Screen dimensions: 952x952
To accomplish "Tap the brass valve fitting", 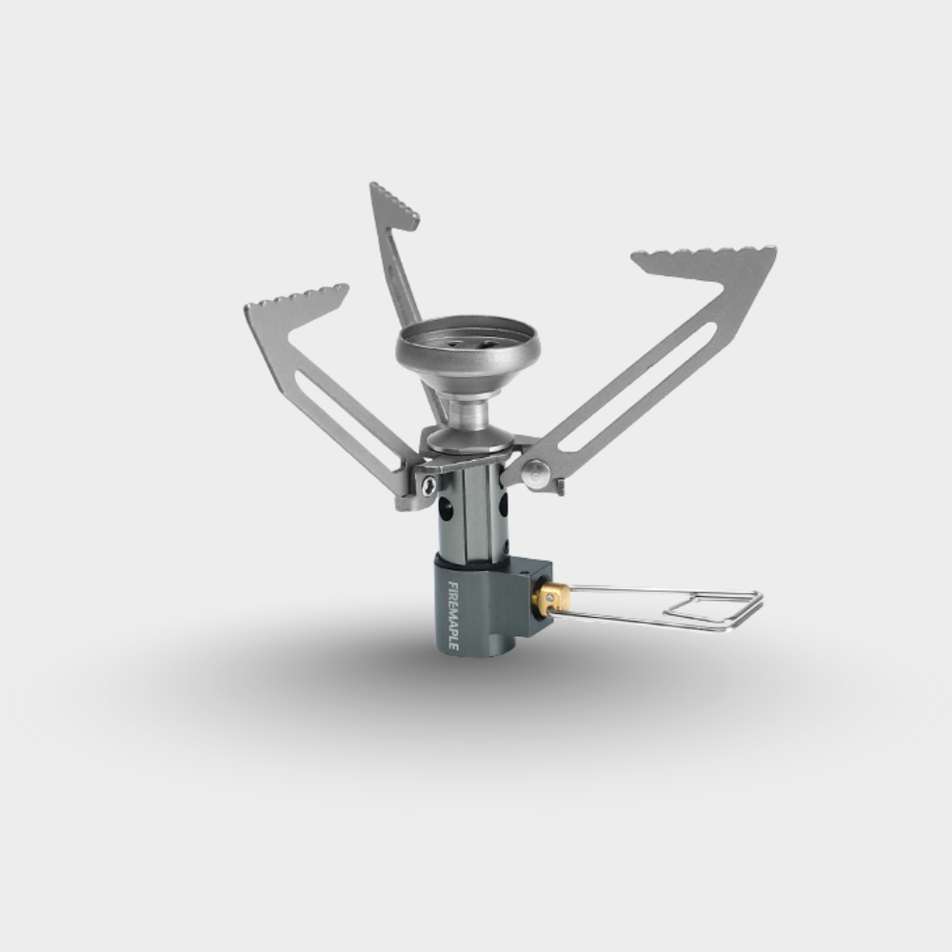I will point(550,598).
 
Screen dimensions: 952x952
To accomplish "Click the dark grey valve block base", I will point(486,609).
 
